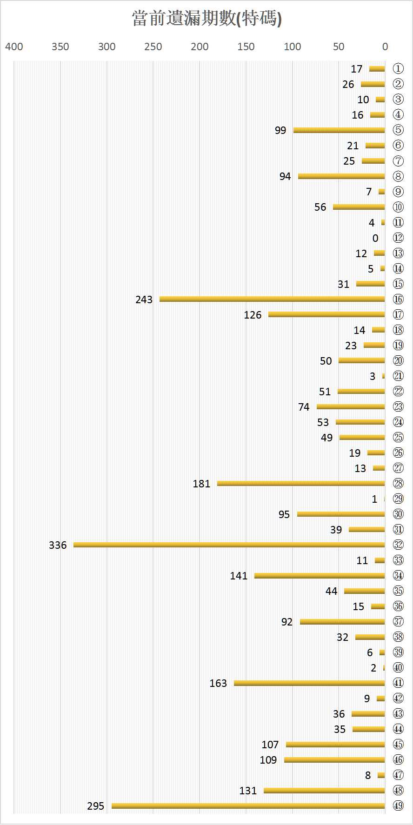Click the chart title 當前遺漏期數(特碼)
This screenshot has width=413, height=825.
pos(206,19)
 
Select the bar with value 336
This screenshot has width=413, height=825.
pos(229,545)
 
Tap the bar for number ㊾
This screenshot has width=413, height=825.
pos(248,805)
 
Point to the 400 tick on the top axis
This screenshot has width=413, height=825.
pos(14,47)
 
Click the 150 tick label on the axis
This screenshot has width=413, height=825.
pos(246,47)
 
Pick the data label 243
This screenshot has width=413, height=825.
pos(144,299)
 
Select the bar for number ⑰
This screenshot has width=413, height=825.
pos(326,314)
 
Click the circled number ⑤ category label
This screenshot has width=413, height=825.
pos(398,130)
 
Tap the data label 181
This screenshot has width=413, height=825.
pos(201,484)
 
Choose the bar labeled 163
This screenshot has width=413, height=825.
pos(309,683)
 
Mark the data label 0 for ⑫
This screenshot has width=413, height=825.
pos(375,238)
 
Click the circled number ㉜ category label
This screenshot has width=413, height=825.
pos(398,545)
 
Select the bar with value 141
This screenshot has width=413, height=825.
pos(319,575)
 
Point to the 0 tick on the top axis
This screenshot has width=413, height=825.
pos(385,47)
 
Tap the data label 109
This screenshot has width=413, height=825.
pos(268,760)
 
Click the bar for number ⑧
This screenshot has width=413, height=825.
pos(341,176)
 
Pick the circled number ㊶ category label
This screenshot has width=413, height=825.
pos(398,683)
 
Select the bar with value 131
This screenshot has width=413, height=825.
pos(324,790)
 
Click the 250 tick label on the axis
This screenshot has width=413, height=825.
pos(153,47)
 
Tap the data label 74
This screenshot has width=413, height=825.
pos(304,407)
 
